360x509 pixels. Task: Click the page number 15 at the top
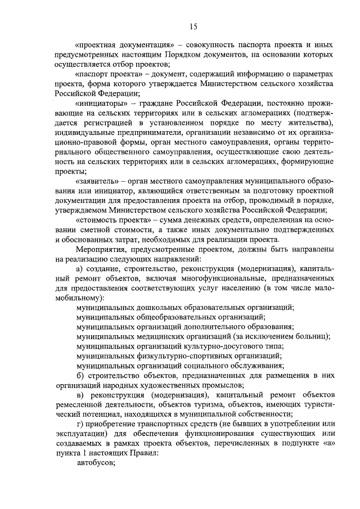[x=193, y=25]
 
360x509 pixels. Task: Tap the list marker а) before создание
[x=80, y=269]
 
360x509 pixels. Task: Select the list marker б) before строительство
[x=80, y=376]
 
